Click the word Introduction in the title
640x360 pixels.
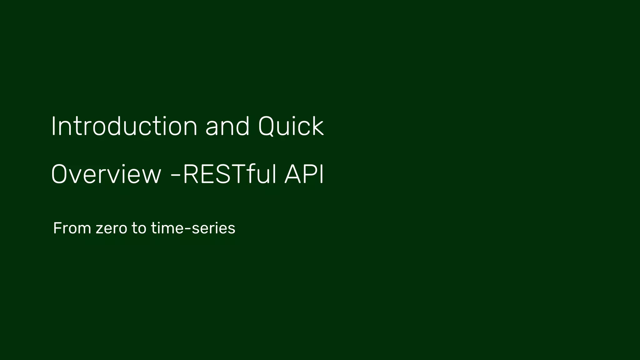click(x=124, y=126)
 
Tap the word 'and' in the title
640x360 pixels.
click(x=227, y=126)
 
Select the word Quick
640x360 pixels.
click(x=291, y=126)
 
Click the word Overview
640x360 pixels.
click(x=106, y=174)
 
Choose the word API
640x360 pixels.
click(x=304, y=174)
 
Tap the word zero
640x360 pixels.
click(x=111, y=228)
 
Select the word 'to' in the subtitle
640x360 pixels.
click(x=139, y=228)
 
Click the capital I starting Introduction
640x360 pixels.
click(x=53, y=126)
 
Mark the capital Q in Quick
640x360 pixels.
click(x=268, y=126)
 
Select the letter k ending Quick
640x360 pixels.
click(x=317, y=126)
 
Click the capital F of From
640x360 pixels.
click(x=57, y=228)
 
